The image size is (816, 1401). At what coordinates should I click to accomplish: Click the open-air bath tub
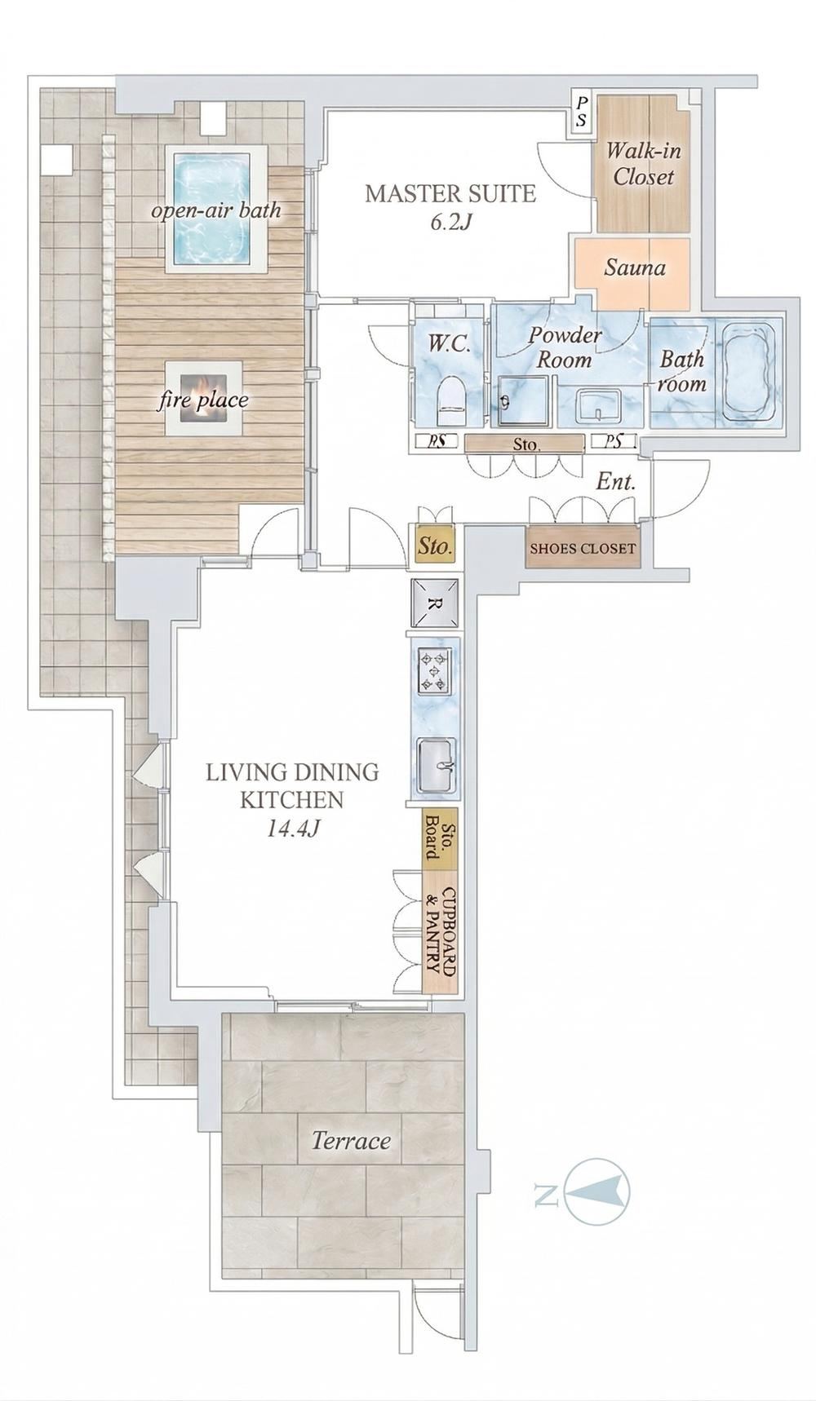click(211, 208)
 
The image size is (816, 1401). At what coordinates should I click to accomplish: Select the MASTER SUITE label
click(450, 194)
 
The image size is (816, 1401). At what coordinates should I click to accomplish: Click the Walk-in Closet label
click(643, 164)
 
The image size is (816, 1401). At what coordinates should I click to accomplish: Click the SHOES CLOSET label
click(582, 549)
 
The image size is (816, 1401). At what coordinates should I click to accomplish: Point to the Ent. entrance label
click(615, 482)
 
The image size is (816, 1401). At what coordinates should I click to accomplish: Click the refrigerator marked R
click(435, 603)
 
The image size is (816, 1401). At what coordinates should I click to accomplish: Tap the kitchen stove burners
click(434, 670)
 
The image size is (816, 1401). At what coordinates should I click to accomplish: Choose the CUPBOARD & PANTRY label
click(441, 934)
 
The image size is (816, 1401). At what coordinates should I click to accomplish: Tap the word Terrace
click(351, 1140)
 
